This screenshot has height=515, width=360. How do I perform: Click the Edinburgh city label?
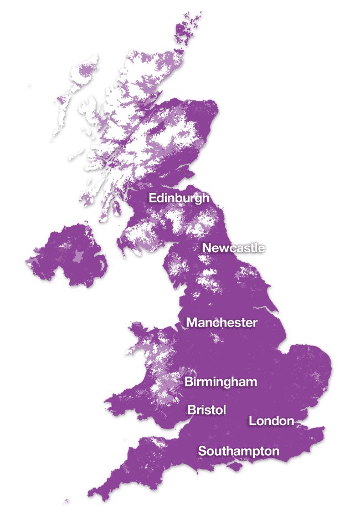point(179,198)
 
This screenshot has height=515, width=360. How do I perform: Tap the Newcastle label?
point(233,248)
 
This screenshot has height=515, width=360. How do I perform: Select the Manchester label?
point(222,322)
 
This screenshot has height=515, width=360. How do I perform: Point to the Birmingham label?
point(220,381)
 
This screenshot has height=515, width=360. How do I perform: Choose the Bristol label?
point(207,410)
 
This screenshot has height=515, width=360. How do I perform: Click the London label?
point(271,421)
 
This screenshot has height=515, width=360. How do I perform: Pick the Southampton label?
point(239,451)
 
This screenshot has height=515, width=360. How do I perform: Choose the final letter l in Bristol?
point(225,410)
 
